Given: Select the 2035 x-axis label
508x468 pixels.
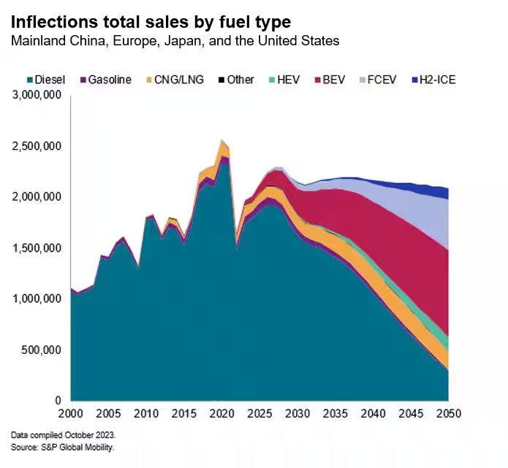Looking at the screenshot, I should click(335, 414).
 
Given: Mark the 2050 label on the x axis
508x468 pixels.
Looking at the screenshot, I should click(448, 414).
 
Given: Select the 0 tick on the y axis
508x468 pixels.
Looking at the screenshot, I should click(59, 401).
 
